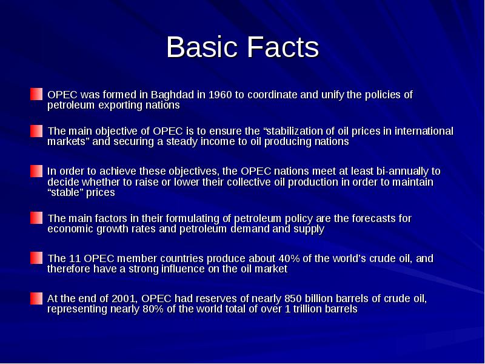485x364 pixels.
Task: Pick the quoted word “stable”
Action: point(64,193)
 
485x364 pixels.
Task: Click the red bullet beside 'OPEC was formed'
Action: point(36,94)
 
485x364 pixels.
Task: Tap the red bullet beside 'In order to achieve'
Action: point(36,170)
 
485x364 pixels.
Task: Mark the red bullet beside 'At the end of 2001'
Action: point(36,298)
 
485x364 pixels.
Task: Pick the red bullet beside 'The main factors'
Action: point(36,218)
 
